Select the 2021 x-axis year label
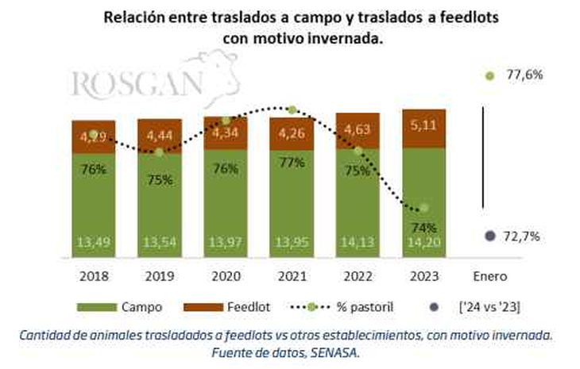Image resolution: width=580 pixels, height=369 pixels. pyautogui.click(x=292, y=277)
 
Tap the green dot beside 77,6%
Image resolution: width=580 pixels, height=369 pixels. pyautogui.click(x=490, y=75)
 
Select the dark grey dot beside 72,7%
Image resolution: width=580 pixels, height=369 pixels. pyautogui.click(x=490, y=236)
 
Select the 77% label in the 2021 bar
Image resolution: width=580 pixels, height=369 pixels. pyautogui.click(x=292, y=163)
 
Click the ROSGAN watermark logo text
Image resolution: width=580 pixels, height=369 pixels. pyautogui.click(x=139, y=83)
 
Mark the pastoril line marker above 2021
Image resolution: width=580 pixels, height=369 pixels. pyautogui.click(x=292, y=110)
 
